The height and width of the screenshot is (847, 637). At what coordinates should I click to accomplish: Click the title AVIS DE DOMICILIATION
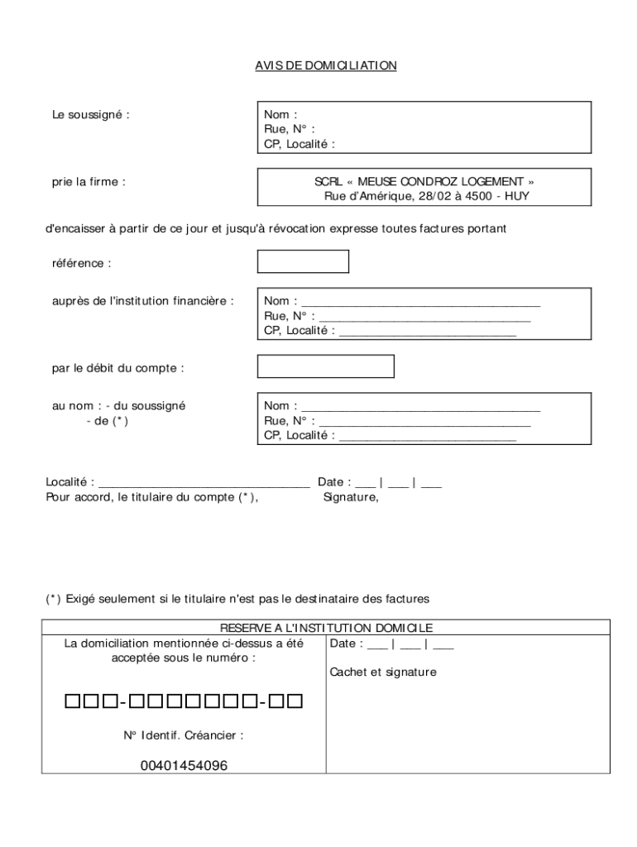click(325, 65)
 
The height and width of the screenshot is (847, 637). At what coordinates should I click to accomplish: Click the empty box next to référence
click(303, 261)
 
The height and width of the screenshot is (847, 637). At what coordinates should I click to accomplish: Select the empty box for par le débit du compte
click(326, 366)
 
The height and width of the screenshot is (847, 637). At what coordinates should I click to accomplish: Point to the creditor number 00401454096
click(184, 766)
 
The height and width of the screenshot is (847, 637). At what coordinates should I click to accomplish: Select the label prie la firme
click(89, 181)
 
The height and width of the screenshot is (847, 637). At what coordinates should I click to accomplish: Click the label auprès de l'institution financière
click(143, 300)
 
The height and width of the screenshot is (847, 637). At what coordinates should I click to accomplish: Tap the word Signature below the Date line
click(350, 498)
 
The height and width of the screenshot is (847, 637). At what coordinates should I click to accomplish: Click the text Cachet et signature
click(382, 672)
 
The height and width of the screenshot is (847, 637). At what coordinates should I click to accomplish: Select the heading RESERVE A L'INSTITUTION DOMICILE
click(326, 629)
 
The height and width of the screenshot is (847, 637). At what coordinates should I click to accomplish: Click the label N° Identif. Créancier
click(184, 735)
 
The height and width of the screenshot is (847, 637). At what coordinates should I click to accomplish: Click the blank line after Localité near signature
click(204, 481)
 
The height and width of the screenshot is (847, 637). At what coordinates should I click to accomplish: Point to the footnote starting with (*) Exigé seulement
click(237, 598)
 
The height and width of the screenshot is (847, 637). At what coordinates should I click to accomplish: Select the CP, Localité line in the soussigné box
click(299, 144)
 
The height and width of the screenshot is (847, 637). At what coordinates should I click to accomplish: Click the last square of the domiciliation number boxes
click(295, 702)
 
